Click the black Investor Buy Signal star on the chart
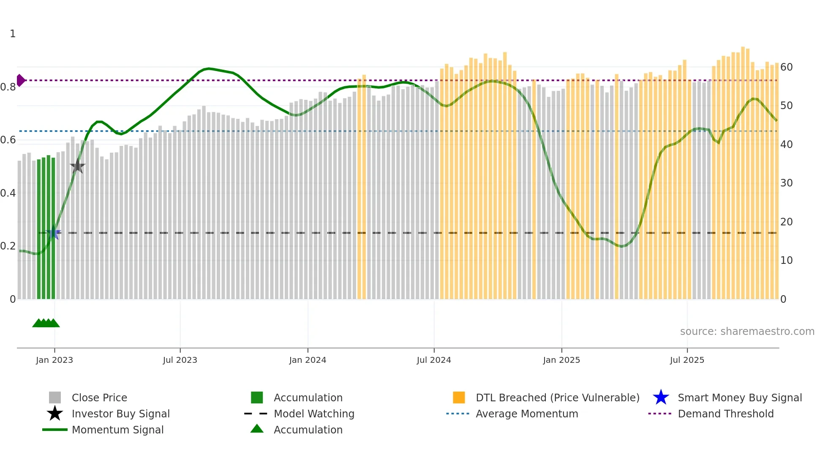77,166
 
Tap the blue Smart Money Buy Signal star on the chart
54,233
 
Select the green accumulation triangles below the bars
46,323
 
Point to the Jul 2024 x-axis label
434,360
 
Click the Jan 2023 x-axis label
54,360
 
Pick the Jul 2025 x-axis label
687,360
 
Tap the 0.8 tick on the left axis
8,87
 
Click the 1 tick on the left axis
13,34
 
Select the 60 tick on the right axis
786,67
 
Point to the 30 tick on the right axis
786,183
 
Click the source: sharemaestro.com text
747,332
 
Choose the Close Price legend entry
99,397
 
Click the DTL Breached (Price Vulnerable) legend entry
557,397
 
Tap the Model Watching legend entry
314,414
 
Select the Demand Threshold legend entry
725,414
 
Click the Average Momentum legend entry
526,414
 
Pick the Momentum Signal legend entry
117,430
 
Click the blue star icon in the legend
661,397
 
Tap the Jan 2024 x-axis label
308,360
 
